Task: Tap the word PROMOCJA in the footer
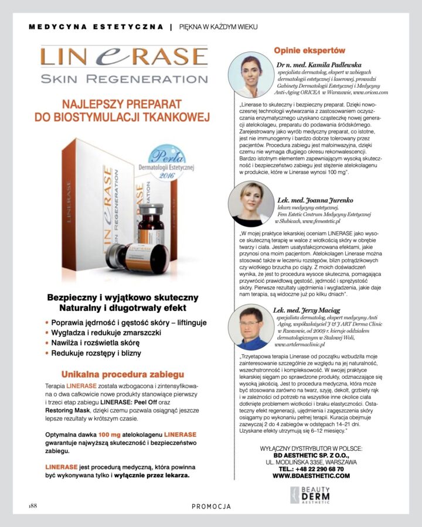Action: pyautogui.click(x=211, y=506)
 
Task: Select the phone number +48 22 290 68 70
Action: pyautogui.click(x=311, y=469)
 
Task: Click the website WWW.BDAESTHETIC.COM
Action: pyautogui.click(x=311, y=476)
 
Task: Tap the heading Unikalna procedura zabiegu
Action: pyautogui.click(x=122, y=374)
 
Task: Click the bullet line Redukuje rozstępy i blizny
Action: pyautogui.click(x=96, y=354)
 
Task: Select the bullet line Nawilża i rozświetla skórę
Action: pyautogui.click(x=96, y=343)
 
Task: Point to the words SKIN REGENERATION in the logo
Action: pyautogui.click(x=124, y=78)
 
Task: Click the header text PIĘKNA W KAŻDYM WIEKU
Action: pyautogui.click(x=218, y=27)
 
